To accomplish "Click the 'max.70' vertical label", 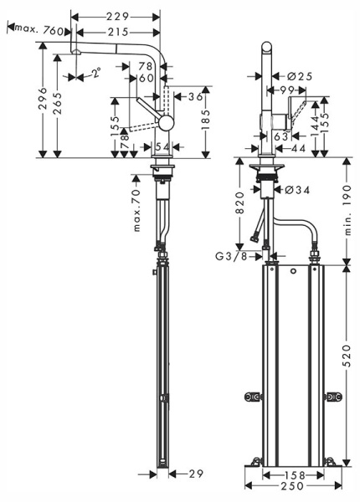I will coord(136,209).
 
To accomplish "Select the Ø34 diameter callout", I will coord(297,190).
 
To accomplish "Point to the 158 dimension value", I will coord(294,474).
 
